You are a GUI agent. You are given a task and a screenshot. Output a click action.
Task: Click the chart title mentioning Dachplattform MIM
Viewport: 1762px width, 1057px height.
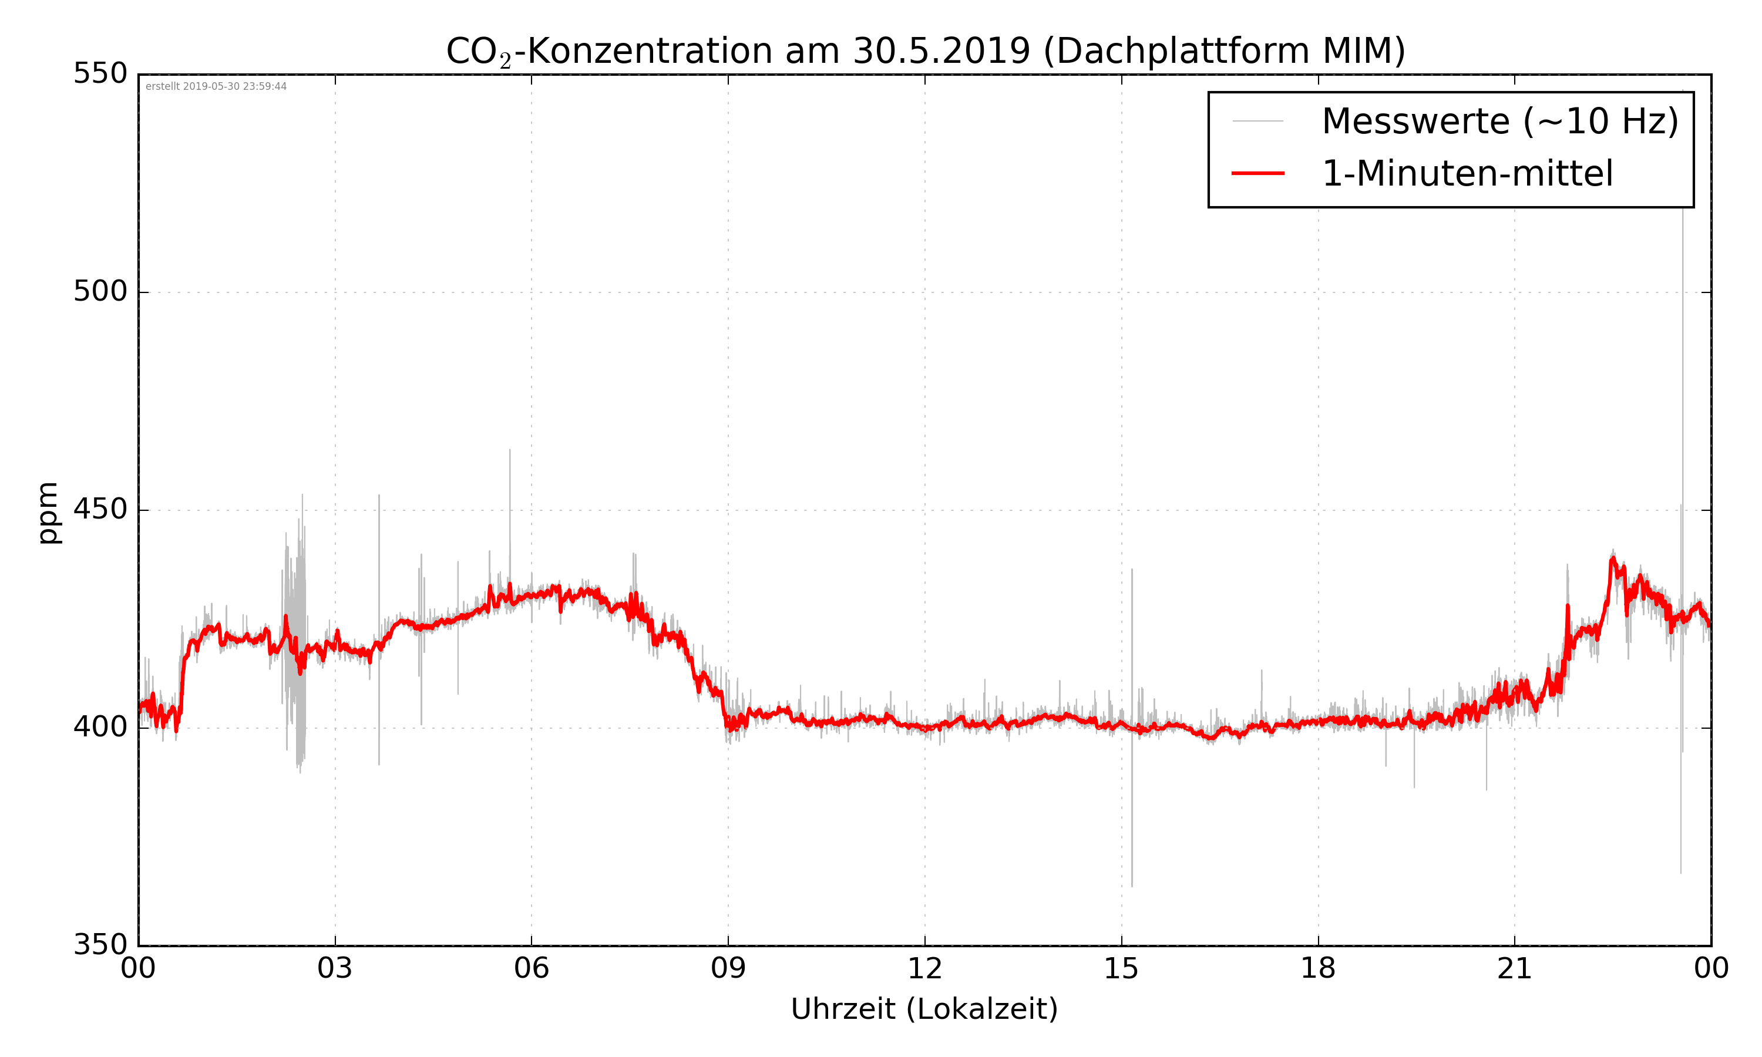925,51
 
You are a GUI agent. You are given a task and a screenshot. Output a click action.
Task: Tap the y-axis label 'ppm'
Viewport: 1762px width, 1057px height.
48,513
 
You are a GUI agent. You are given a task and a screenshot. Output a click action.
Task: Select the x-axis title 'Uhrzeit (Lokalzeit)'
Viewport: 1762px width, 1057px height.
924,1009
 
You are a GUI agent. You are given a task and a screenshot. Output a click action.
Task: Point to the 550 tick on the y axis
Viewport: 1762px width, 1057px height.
100,73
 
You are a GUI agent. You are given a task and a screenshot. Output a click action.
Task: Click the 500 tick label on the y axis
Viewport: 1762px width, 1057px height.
100,291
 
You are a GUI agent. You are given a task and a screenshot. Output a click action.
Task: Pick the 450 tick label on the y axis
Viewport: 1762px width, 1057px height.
100,510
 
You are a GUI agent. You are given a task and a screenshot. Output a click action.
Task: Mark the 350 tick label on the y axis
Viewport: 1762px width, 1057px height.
100,945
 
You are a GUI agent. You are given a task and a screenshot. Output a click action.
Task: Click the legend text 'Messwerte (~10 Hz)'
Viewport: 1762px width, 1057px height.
1500,121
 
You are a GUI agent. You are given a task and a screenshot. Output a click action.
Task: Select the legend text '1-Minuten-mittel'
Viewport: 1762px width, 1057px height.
1467,174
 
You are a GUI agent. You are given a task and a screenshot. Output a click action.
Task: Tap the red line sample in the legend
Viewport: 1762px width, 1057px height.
1257,173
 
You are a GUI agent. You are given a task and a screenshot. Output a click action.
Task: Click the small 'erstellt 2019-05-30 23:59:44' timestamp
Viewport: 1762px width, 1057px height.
216,87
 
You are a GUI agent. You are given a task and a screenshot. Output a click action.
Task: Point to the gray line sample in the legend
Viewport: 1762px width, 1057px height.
1257,121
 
